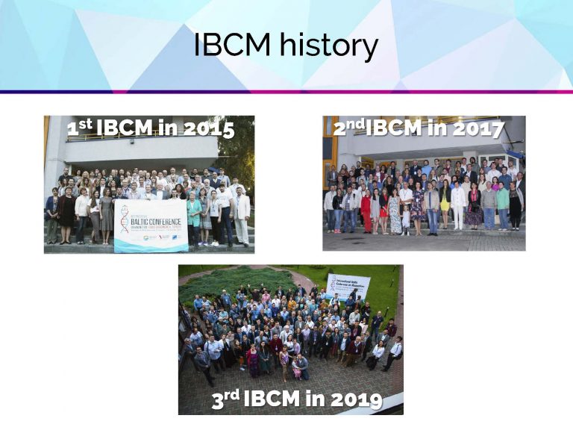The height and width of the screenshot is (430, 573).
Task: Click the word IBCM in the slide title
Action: point(233,46)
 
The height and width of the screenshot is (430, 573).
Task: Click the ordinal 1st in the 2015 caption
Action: point(79,128)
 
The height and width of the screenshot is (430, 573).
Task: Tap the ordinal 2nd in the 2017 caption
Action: point(348,128)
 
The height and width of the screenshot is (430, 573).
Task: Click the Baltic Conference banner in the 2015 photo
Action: point(151,224)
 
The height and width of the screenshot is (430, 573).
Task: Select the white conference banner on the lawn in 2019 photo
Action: point(348,287)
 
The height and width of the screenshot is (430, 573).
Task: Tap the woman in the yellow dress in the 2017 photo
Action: point(445,205)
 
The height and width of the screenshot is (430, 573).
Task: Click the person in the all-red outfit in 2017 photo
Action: point(366,208)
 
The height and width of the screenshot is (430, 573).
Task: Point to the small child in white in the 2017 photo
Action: point(406,219)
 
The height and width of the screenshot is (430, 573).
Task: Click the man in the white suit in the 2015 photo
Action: point(242,217)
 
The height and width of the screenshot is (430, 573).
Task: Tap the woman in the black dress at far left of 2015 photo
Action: point(68,216)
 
